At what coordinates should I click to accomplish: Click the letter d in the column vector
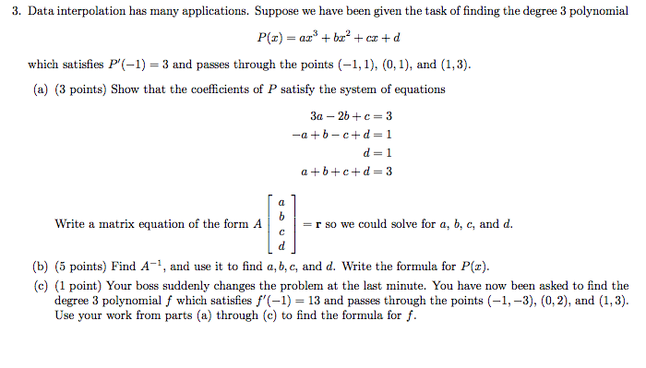281,245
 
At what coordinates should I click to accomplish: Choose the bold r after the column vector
318,224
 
